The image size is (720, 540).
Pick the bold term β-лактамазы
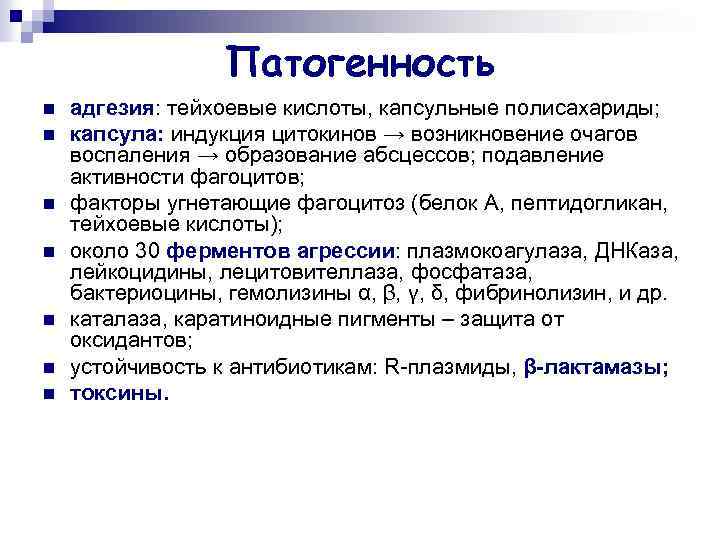[x=596, y=367]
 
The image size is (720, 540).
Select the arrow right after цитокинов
[x=392, y=134]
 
